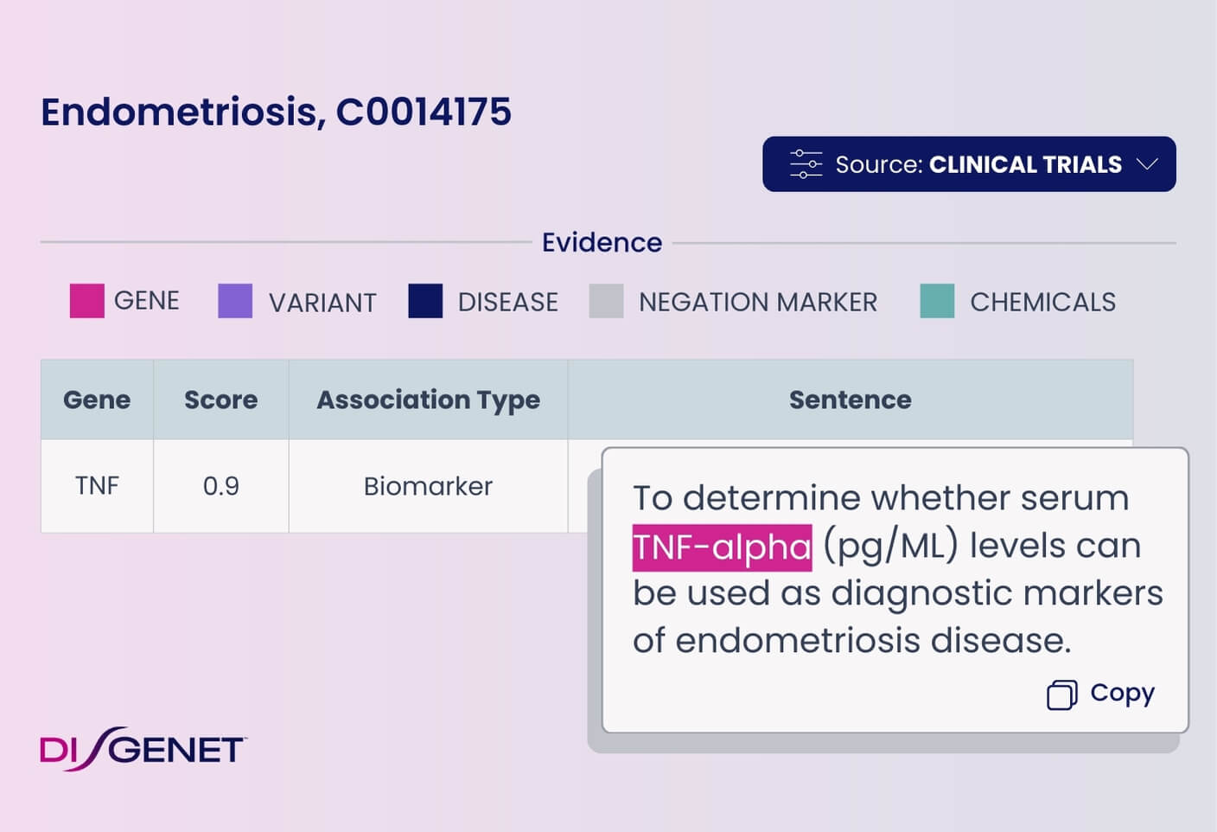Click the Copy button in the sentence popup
(1100, 694)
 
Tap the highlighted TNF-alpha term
(722, 547)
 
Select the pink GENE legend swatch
(87, 301)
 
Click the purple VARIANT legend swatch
(235, 301)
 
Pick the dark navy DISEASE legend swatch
(425, 301)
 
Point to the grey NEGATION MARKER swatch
(606, 301)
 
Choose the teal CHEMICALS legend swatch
(937, 301)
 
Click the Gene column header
(97, 400)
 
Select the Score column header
(220, 400)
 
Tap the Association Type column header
(428, 400)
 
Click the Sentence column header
(851, 400)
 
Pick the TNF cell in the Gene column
(97, 485)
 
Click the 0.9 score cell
(220, 486)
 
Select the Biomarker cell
(428, 486)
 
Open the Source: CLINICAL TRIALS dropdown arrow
(1147, 164)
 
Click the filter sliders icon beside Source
(806, 164)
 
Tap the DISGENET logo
(143, 749)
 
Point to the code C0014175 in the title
(424, 112)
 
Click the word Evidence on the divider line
(602, 242)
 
